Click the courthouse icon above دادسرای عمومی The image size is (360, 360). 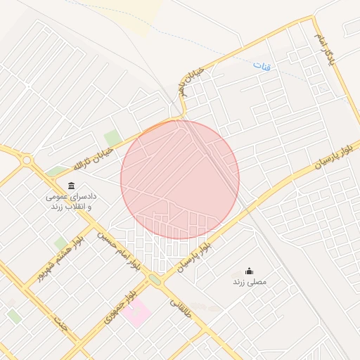[x=71, y=186]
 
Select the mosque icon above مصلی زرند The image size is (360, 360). [x=249, y=271]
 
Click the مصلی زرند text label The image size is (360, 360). [x=250, y=282]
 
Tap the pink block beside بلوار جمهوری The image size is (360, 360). [x=136, y=311]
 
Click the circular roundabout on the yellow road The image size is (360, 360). [x=27, y=160]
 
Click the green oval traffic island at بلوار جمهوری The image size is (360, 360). [x=154, y=280]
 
